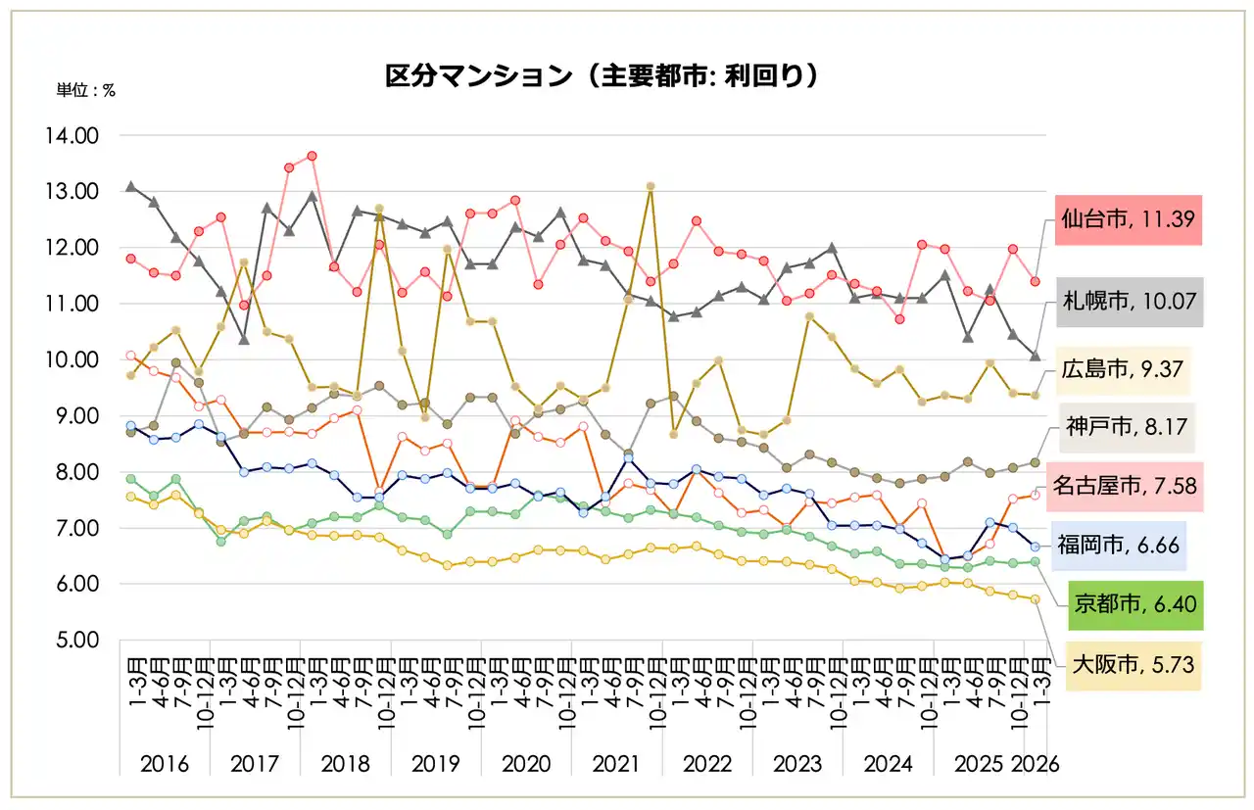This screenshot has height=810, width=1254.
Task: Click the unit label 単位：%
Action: (86, 89)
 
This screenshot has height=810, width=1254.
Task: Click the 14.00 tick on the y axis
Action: (72, 136)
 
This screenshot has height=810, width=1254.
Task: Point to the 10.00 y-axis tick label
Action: (72, 360)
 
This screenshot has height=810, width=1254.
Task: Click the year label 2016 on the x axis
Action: (165, 764)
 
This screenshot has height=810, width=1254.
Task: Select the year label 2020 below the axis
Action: (526, 764)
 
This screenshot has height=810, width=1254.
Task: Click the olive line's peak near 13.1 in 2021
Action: (650, 186)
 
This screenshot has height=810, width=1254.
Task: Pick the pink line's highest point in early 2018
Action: (312, 156)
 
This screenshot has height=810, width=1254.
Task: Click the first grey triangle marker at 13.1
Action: (130, 186)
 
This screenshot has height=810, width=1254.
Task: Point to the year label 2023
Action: (797, 764)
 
